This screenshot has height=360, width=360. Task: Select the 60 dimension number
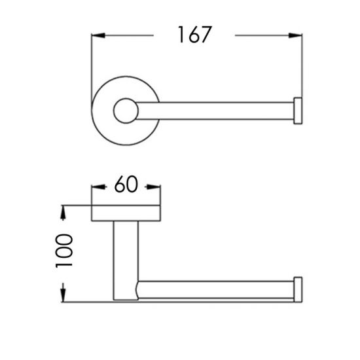(x=126, y=185)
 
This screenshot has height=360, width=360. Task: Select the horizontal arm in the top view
(x=216, y=111)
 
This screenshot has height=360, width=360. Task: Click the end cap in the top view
(x=298, y=111)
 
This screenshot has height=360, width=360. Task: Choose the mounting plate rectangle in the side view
(x=126, y=213)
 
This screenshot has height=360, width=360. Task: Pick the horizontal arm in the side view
(x=216, y=289)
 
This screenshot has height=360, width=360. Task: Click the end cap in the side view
(x=298, y=289)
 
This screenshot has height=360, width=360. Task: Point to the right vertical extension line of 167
(x=302, y=65)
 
